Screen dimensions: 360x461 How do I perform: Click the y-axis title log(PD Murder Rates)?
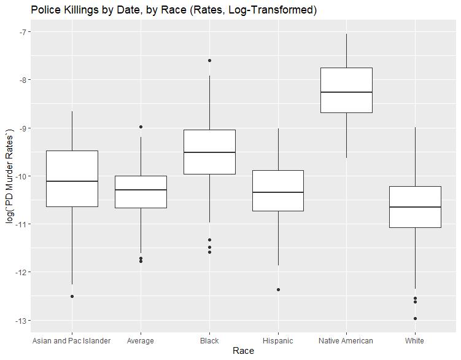(9, 177)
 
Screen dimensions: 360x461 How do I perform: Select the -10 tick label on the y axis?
(12, 176)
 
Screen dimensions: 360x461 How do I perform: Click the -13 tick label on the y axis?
(12, 321)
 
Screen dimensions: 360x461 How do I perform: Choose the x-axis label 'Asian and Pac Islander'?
(72, 340)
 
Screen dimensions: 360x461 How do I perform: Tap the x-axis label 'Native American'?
(346, 340)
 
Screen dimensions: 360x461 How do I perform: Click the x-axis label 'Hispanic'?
(277, 340)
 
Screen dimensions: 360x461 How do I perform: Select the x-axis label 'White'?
(414, 340)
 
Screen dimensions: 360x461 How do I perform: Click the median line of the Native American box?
(346, 92)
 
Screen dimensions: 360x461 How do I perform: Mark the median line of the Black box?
(209, 152)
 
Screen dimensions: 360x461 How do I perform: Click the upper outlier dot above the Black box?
(209, 60)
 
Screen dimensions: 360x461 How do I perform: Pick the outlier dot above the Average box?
(141, 127)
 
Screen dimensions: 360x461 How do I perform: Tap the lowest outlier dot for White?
(415, 318)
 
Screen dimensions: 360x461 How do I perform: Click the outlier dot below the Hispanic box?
(278, 289)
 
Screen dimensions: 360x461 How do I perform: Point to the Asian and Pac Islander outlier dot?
(72, 296)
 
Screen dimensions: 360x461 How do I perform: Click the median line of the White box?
(415, 207)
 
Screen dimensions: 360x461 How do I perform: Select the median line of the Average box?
(141, 190)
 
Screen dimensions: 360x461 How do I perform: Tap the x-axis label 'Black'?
(209, 340)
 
